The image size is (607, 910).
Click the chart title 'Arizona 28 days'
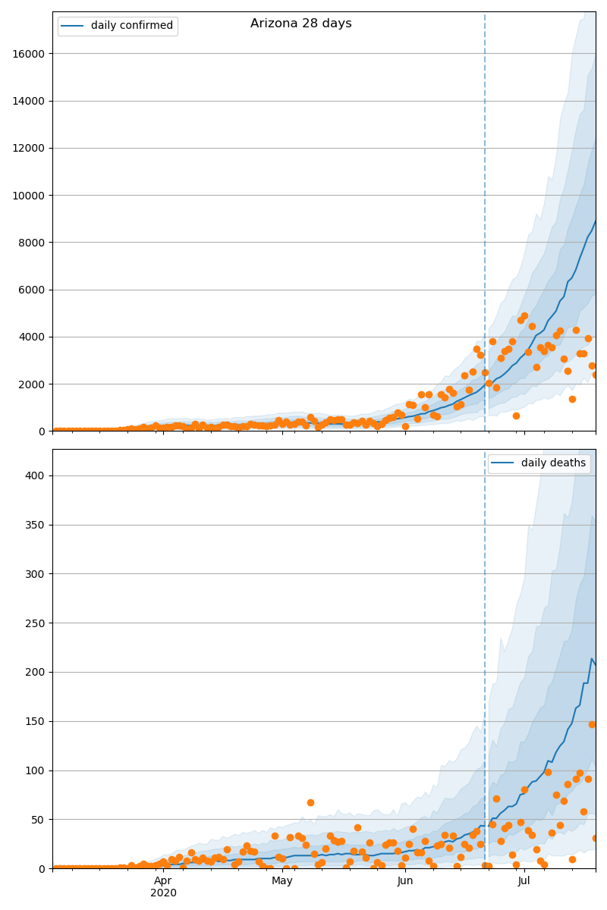pyautogui.click(x=301, y=24)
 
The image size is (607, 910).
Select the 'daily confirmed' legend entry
pyautogui.click(x=131, y=26)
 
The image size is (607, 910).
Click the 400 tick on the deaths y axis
pyautogui.click(x=36, y=476)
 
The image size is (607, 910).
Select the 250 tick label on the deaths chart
pyautogui.click(x=36, y=623)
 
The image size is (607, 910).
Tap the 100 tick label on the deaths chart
pyautogui.click(x=36, y=770)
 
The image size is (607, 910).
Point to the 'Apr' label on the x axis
pyautogui.click(x=163, y=881)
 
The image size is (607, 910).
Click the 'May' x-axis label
pyautogui.click(x=282, y=881)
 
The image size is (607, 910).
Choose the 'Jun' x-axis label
pyautogui.click(x=405, y=881)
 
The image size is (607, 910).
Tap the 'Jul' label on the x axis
pyautogui.click(x=524, y=881)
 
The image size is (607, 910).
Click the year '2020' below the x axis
pyautogui.click(x=163, y=893)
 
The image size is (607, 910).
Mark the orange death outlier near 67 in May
pyautogui.click(x=310, y=802)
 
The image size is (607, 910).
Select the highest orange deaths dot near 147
pyautogui.click(x=592, y=724)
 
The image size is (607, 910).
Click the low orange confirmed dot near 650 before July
pyautogui.click(x=516, y=416)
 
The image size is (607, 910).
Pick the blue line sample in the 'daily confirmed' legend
pyautogui.click(x=74, y=26)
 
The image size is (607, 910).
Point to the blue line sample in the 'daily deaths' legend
pyautogui.click(x=504, y=463)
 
